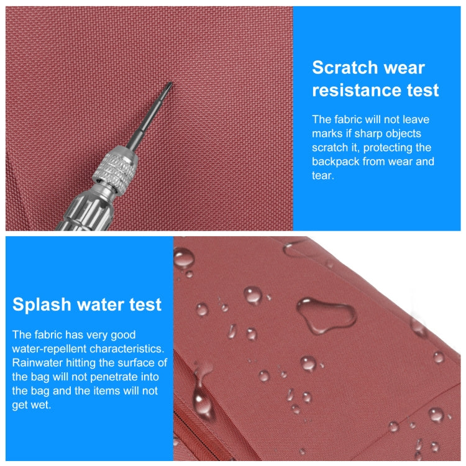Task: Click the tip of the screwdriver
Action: coord(171,83)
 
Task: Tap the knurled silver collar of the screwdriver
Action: coord(116,170)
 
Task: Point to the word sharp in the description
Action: coord(368,134)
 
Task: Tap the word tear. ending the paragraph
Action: coord(322,176)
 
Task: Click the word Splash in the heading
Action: coord(42,305)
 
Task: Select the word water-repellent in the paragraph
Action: coord(49,349)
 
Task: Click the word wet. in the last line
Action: coord(41,405)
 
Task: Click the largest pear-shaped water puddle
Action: coord(326,316)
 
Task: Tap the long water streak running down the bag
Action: coord(202,392)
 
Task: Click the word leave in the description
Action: coord(416,119)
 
